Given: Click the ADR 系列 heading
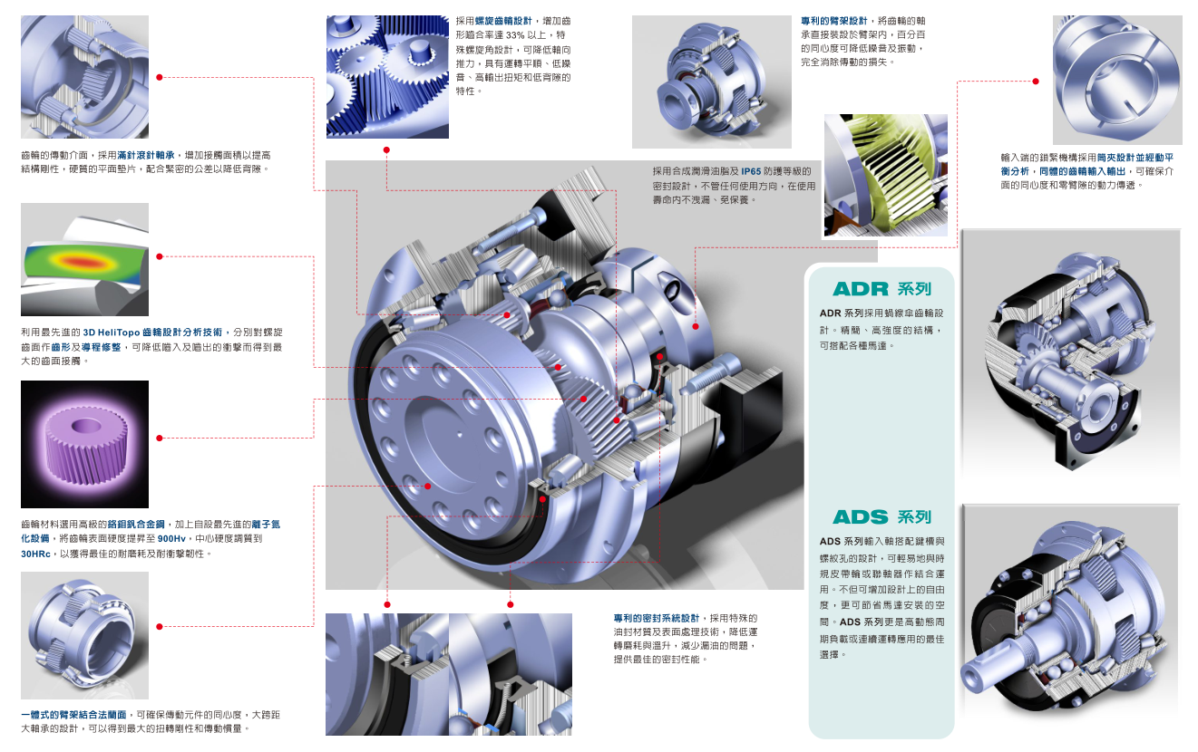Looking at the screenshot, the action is (881, 289).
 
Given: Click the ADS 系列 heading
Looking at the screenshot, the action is (881, 516).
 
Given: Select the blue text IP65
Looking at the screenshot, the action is (750, 171).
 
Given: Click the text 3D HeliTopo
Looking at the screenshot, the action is (111, 333).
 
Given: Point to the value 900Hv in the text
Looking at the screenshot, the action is (171, 539).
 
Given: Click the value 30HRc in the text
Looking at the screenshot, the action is (36, 554).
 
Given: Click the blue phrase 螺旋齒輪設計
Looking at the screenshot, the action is (504, 21).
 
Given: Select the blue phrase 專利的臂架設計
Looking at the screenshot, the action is (834, 21).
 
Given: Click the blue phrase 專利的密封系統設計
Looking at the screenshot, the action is (657, 619).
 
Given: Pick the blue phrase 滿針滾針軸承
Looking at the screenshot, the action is (146, 156).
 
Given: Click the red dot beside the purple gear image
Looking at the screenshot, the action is (160, 439).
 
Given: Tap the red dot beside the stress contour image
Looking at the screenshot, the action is (160, 256).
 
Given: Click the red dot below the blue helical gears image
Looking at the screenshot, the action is (386, 150).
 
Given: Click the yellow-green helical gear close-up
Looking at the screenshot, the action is (886, 175).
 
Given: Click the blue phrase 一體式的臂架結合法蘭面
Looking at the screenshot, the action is (73, 715).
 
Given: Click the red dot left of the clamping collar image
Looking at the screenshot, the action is (1036, 82).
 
